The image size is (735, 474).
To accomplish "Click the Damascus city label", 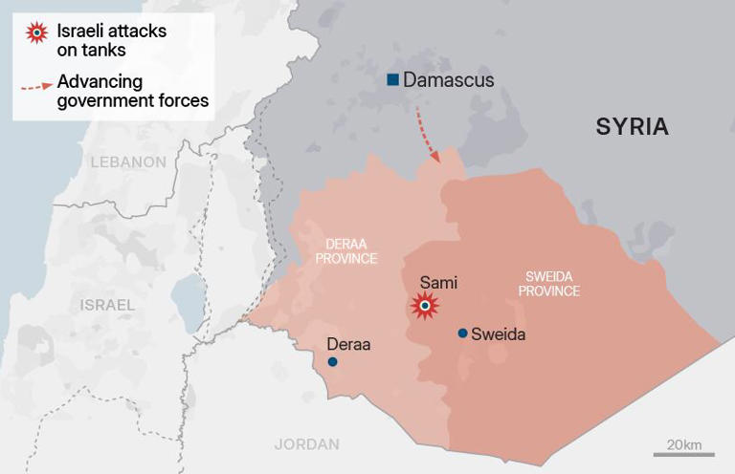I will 449,80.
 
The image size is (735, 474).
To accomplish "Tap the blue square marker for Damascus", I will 392,80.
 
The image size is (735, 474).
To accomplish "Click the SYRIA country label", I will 632,127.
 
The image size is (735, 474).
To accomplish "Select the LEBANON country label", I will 128,162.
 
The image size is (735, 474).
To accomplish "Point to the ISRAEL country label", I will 107,304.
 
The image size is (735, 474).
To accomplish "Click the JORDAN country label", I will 306,443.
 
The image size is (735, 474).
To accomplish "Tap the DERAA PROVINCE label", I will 346,251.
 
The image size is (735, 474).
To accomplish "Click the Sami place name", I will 438,283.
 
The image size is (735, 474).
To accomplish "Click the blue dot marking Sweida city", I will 462,334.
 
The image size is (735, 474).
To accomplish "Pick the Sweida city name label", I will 498,334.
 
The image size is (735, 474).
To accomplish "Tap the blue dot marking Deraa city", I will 332,362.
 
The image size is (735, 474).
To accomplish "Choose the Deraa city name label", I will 348,344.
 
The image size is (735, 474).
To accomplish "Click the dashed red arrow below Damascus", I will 427,136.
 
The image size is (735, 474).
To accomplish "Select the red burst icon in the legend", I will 35,34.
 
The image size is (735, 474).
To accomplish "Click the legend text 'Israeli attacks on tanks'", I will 111,40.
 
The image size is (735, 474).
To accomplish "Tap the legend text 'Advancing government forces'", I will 132,91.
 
